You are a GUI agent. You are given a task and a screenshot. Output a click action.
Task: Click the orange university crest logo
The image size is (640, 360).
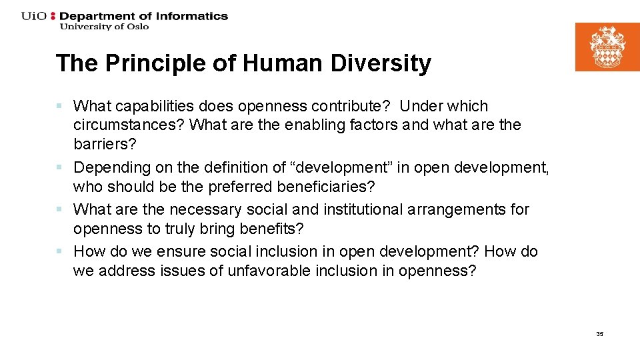[607, 47]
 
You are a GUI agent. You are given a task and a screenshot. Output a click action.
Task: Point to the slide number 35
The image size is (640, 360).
[599, 334]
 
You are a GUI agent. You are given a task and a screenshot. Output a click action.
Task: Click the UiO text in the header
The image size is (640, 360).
[34, 16]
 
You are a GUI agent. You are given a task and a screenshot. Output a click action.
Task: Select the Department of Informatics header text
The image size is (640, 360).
[143, 16]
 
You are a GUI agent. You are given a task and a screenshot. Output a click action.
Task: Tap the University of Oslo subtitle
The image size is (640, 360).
[104, 27]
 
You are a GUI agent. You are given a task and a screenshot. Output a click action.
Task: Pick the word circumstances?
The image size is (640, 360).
[129, 125]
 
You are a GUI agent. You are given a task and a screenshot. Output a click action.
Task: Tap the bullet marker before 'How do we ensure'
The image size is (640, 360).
[59, 252]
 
